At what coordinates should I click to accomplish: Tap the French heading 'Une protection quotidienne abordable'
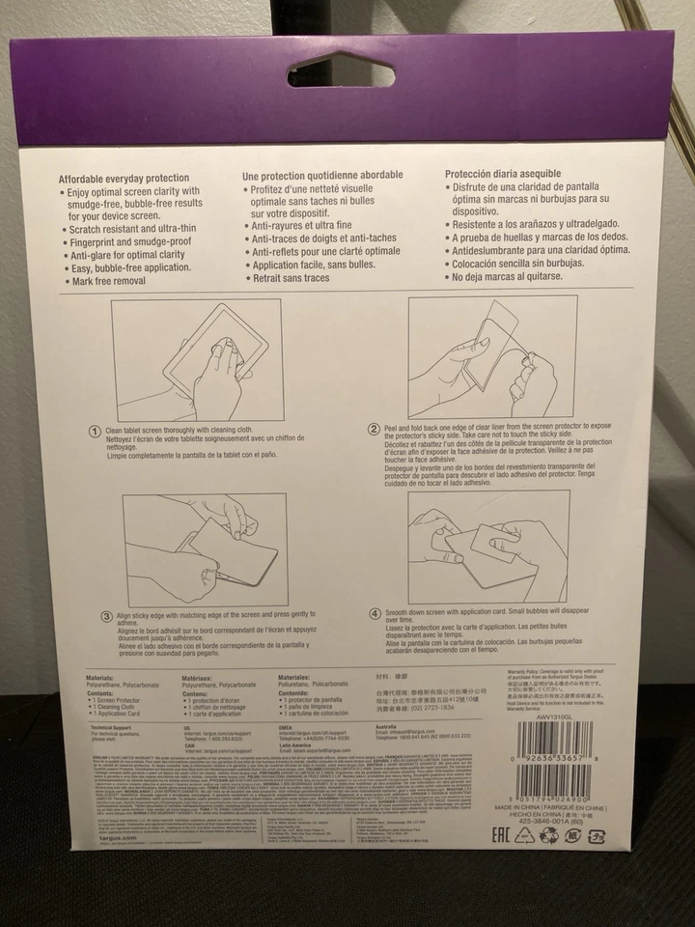[321, 176]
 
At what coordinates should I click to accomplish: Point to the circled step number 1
[95, 432]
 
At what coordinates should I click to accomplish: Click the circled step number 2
[375, 429]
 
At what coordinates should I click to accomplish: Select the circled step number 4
[375, 612]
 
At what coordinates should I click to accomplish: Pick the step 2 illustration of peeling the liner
[492, 355]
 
